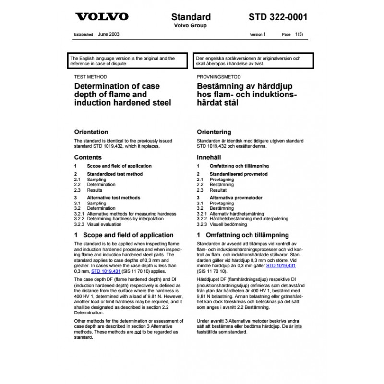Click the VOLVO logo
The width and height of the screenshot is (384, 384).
(102, 17)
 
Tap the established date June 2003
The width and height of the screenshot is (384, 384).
(108, 35)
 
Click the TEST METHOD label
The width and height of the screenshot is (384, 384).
(90, 77)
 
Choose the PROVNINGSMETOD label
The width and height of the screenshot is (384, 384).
(219, 77)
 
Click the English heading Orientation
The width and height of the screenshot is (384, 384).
(91, 132)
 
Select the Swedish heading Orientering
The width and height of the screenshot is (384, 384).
(214, 132)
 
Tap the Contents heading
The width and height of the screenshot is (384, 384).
(88, 157)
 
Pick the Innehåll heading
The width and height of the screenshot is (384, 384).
(209, 157)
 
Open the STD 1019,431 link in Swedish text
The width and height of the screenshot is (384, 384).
(281, 265)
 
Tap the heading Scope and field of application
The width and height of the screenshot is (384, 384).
(128, 235)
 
